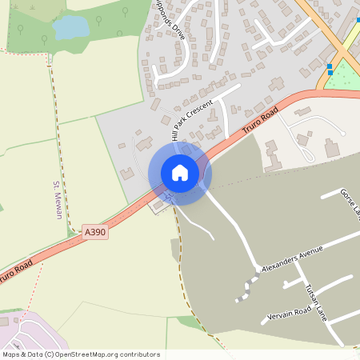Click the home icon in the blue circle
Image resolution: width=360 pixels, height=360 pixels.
(x=180, y=173)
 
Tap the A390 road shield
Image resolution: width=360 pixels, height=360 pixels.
(x=94, y=232)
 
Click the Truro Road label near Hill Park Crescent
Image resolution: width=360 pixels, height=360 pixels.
(x=262, y=117)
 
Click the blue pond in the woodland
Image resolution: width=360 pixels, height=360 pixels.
(x=70, y=28)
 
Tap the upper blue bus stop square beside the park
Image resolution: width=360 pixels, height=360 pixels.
(x=330, y=66)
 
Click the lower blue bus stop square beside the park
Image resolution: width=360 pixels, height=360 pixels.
(x=330, y=73)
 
